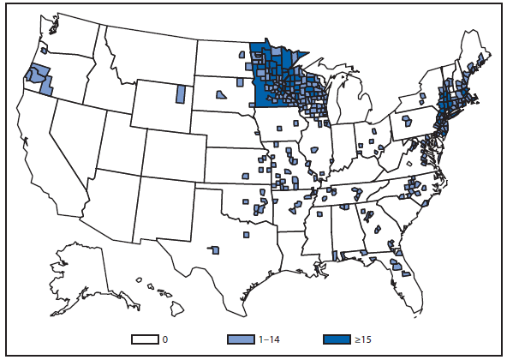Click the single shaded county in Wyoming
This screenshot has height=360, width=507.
point(181,93)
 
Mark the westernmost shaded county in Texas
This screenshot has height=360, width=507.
point(215,250)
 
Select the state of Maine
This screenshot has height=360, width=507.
point(474,56)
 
